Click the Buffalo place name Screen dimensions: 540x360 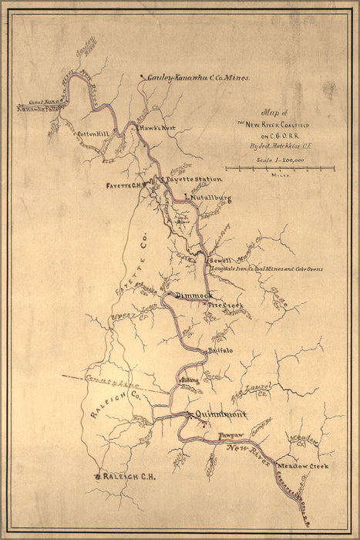click(220, 352)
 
